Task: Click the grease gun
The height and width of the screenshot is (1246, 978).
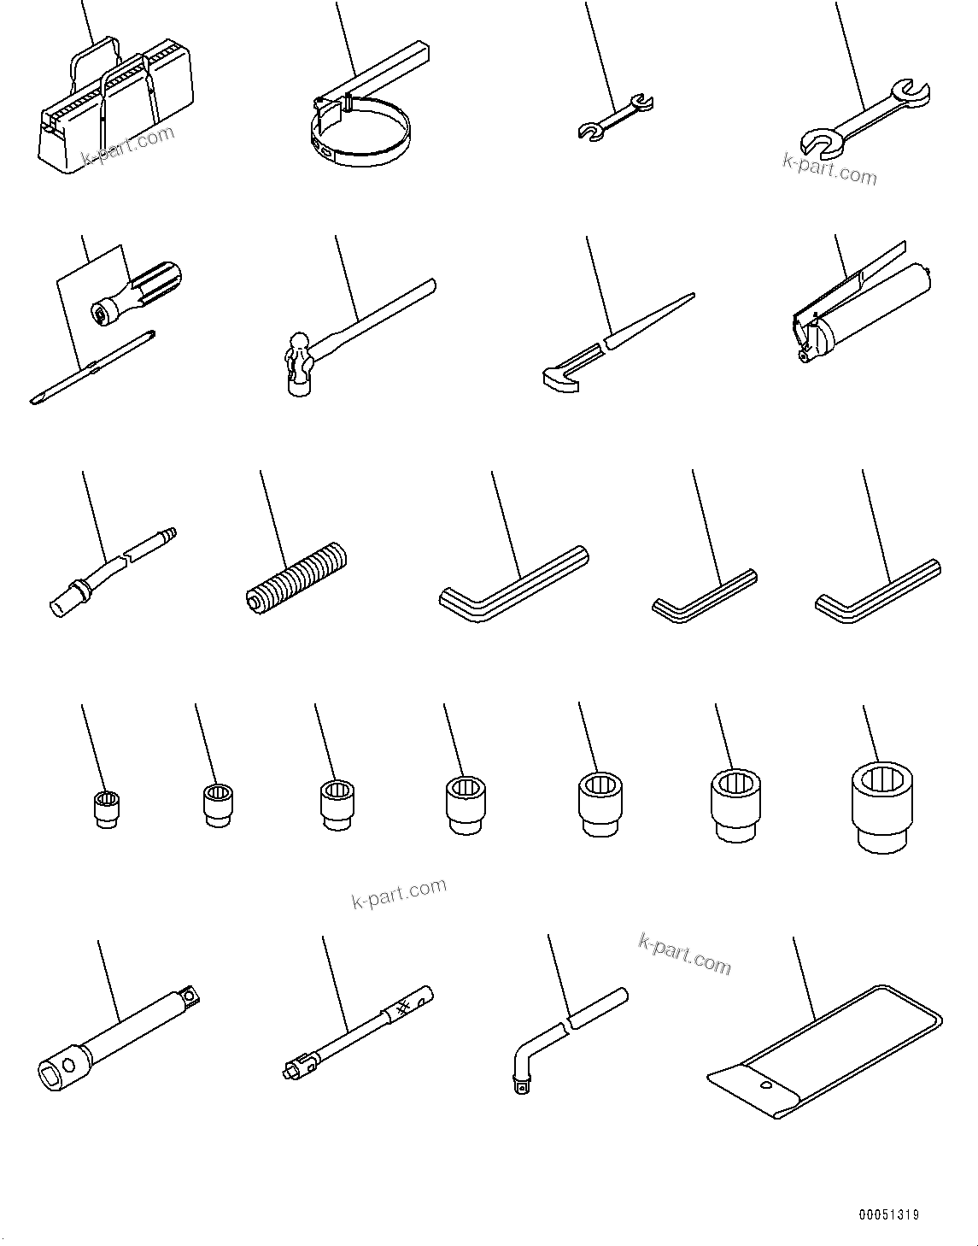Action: (863, 316)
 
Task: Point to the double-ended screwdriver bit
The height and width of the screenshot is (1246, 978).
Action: (94, 367)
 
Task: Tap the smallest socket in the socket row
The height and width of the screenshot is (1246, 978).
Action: (107, 808)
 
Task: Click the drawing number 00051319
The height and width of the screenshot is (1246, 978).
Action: (889, 1214)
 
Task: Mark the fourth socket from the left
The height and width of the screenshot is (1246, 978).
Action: (465, 803)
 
